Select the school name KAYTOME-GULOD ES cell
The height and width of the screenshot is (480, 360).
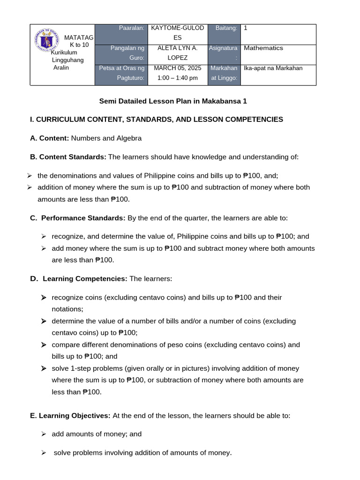point(177,33)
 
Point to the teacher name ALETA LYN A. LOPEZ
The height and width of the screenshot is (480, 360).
point(177,52)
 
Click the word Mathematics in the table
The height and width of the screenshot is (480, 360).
point(263,48)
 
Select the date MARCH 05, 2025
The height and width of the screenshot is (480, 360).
point(177,68)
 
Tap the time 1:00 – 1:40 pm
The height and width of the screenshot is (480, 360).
point(177,78)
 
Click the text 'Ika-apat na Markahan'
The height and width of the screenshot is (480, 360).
point(273,68)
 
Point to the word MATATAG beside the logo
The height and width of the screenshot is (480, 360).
point(79,37)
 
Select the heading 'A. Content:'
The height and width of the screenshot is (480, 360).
point(50,138)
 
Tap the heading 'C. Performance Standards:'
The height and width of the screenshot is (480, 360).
point(78,218)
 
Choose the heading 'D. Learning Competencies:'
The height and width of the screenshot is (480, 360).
point(79,279)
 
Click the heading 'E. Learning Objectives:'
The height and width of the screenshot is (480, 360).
point(70,416)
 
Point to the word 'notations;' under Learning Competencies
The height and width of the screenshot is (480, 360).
point(67,309)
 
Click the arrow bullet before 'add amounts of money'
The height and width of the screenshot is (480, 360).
point(44,434)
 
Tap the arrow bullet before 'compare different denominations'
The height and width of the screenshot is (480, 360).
point(44,345)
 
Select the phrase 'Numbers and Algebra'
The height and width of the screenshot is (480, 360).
point(106,138)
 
